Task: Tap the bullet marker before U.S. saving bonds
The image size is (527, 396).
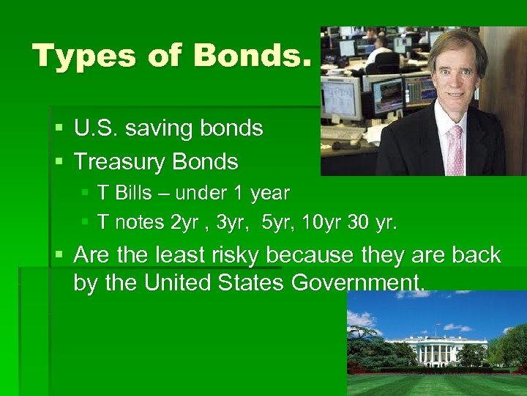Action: (59, 128)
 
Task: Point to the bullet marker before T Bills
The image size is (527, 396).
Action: (85, 194)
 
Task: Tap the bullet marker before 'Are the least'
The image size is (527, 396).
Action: (59, 256)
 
